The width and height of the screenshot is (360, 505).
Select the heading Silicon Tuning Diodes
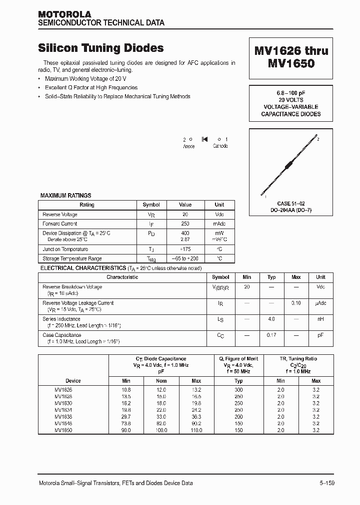(101, 48)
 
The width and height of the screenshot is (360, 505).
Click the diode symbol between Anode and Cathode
(204, 139)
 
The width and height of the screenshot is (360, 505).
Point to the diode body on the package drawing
(289, 165)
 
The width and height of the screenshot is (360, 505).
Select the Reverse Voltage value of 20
(185, 215)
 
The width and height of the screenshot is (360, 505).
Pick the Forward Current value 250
(185, 224)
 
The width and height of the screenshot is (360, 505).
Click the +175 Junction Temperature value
(185, 250)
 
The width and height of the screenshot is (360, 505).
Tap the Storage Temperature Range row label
(72, 259)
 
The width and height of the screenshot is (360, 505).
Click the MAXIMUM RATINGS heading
(65, 196)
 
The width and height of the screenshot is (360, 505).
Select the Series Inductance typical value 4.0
(271, 319)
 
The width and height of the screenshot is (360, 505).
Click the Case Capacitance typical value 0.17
(271, 335)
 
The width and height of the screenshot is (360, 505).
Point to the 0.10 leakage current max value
(296, 303)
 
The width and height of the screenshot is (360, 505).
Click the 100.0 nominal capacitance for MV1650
(161, 430)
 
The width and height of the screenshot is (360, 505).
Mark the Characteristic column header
(122, 277)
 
